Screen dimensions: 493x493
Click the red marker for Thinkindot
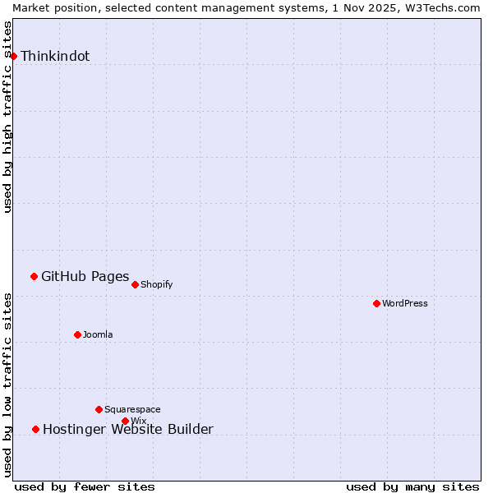13,56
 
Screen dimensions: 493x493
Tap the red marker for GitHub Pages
34,276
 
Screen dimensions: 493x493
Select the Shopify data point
135,284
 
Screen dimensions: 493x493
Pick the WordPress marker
376,303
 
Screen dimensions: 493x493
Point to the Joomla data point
77,334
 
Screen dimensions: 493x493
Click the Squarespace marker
99,409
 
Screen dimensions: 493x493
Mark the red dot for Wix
125,421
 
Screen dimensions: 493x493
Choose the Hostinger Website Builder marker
35,429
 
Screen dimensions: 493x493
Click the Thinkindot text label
55,57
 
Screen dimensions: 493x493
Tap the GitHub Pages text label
85,277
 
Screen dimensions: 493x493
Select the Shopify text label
156,285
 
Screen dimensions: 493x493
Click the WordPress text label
404,304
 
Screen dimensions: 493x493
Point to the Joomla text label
98,335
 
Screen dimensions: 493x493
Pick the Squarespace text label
132,410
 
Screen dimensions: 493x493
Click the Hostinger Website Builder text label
127,430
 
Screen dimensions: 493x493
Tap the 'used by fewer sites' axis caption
85,486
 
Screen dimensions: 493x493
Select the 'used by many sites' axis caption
412,486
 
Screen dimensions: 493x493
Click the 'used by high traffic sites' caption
8,117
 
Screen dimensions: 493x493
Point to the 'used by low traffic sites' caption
8,385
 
